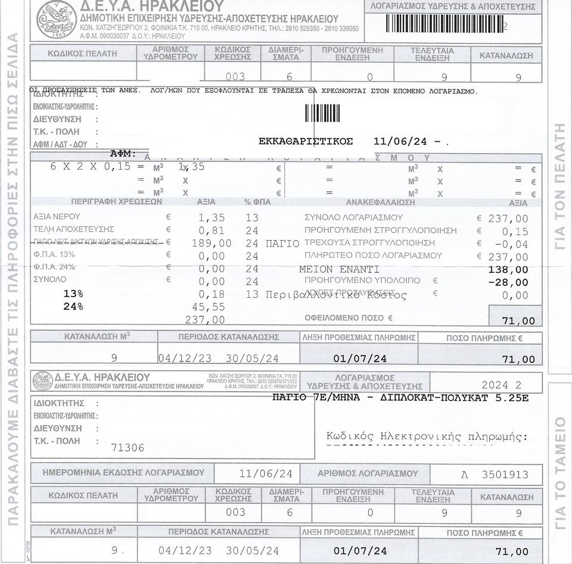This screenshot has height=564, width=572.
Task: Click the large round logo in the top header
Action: click(x=57, y=18)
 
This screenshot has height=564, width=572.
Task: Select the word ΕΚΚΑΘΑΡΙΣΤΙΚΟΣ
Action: click(x=306, y=142)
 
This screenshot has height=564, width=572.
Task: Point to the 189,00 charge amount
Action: click(x=212, y=243)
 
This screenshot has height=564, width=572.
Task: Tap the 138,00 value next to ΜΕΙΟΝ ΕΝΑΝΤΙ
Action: click(x=508, y=269)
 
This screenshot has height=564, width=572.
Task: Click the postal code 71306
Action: click(x=128, y=447)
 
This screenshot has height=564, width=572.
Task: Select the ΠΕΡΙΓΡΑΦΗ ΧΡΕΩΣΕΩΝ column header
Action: click(x=116, y=202)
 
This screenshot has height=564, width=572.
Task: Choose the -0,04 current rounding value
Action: click(x=511, y=244)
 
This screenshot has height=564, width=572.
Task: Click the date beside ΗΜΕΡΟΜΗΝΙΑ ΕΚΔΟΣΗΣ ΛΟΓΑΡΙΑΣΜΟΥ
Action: click(x=265, y=474)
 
